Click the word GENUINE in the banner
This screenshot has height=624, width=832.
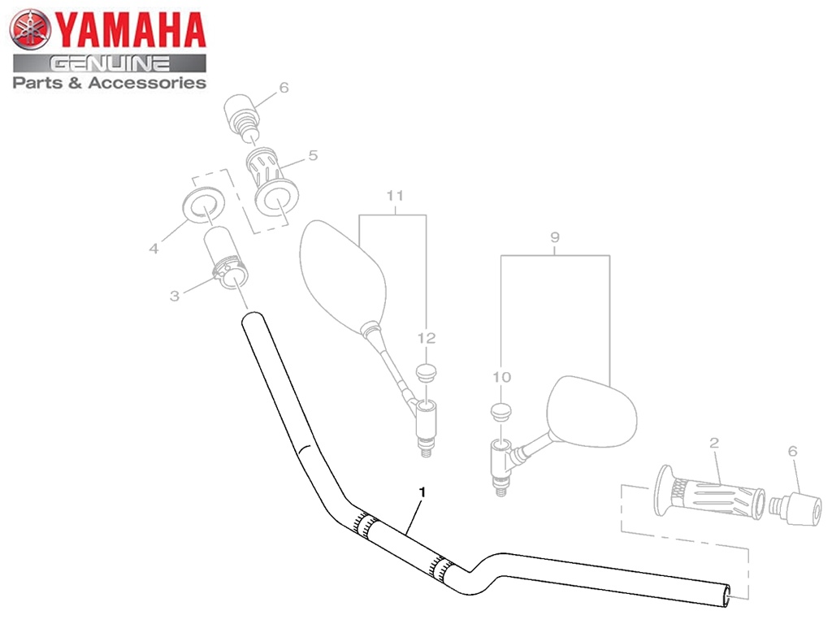(x=110, y=64)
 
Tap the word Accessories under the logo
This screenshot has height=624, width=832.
(x=147, y=83)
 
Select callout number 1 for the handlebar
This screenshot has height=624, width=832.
(x=422, y=492)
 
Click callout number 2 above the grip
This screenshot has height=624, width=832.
(x=714, y=443)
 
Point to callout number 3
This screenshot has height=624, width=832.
(x=174, y=296)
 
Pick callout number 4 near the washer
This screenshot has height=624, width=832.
(x=154, y=249)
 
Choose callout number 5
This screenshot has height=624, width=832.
(x=313, y=155)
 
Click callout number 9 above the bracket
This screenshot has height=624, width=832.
(x=555, y=237)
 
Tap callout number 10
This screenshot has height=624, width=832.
(x=501, y=377)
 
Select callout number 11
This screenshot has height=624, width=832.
(x=395, y=196)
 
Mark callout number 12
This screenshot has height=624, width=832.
(x=426, y=338)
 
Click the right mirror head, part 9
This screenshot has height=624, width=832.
(x=591, y=410)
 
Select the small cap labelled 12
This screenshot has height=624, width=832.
(x=426, y=371)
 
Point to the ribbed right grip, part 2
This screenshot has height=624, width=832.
(x=708, y=492)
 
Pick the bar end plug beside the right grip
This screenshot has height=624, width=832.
(x=795, y=509)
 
